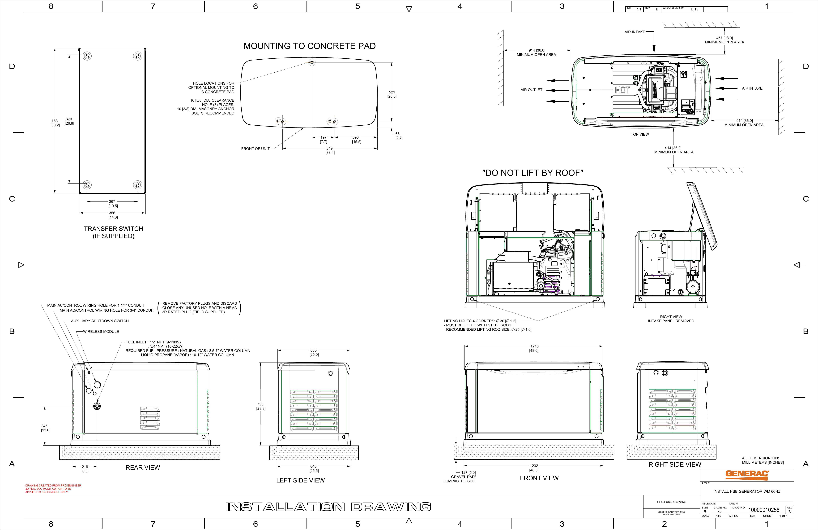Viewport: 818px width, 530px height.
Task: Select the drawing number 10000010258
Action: pos(764,510)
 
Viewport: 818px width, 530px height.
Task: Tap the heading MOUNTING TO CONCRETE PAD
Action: pos(309,46)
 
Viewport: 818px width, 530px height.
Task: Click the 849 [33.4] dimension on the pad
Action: pos(330,150)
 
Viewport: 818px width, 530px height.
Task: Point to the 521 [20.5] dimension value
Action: pos(392,94)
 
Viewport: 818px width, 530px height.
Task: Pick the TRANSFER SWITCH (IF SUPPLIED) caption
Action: pos(113,232)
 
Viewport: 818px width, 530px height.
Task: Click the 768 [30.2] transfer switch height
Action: pos(55,123)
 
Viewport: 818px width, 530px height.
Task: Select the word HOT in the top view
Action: pos(622,90)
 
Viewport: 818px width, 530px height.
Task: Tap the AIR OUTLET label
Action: pos(531,90)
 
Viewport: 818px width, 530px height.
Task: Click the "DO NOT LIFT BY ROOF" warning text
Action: pos(532,173)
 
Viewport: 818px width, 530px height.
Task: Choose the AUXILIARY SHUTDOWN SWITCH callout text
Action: pos(100,321)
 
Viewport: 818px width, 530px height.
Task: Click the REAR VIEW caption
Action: pos(143,467)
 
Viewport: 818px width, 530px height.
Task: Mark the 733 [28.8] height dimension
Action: pos(260,406)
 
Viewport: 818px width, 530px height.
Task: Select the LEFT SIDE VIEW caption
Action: pos(300,480)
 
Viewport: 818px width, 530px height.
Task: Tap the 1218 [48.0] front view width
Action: pos(534,348)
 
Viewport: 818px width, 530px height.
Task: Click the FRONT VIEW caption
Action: pos(539,478)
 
